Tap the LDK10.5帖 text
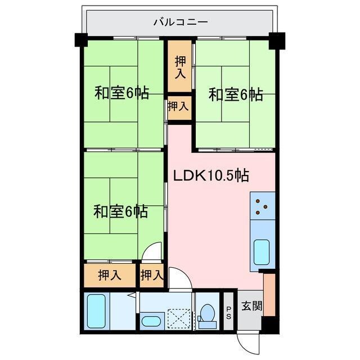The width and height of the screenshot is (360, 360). pos(210,175)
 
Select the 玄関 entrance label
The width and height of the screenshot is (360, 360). pos(251,307)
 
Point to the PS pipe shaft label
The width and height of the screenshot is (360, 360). pos(229,311)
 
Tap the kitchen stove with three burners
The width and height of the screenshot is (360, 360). pos(262,206)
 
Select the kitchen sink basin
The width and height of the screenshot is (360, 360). pos(262,251)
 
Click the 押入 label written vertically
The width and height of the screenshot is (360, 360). pos(180,67)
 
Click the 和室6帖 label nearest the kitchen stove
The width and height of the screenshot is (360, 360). pos(236,94)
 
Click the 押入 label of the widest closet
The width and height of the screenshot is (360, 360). pos(110,276)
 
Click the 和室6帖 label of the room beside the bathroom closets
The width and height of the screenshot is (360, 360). pos(121,211)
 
